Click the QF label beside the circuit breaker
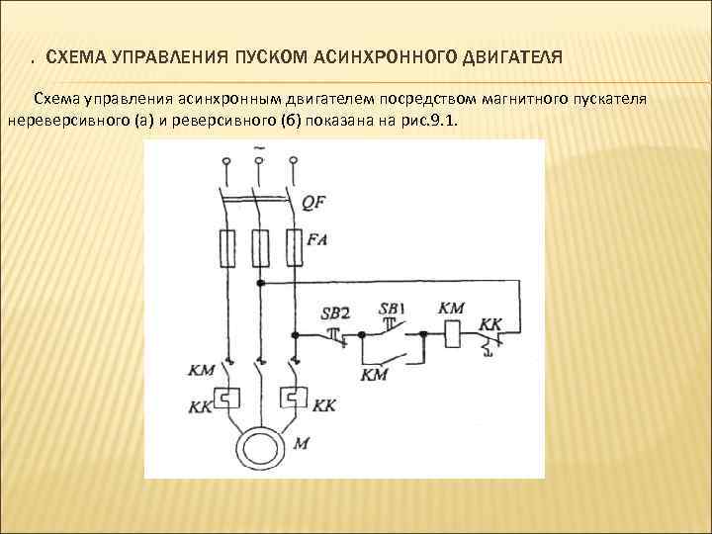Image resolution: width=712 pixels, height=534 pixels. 313,202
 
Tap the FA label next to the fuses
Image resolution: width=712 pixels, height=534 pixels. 318,239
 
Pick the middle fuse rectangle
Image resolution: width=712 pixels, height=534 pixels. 261,247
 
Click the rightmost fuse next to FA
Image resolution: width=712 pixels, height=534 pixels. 294,247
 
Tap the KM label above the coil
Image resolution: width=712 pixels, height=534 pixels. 451,309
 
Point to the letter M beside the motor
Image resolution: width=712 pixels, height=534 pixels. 301,444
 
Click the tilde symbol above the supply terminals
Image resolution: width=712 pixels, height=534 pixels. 259,149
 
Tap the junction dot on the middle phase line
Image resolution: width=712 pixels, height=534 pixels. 261,284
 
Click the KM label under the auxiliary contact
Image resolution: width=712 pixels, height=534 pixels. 375,374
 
